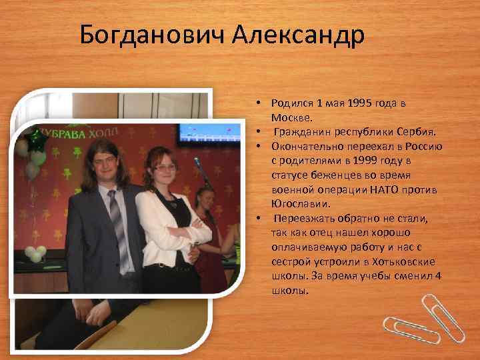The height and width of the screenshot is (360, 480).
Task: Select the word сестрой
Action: pyautogui.click(x=291, y=261)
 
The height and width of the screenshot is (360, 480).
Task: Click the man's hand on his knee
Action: pyautogui.click(x=84, y=308)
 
